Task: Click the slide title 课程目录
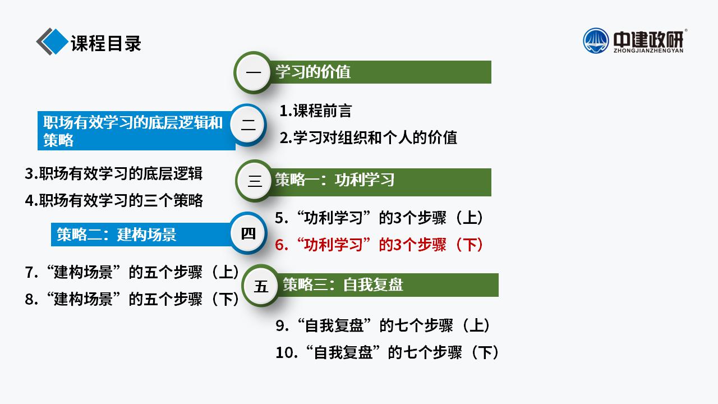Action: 106,43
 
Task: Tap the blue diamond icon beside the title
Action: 55,42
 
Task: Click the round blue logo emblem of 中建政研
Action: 596,41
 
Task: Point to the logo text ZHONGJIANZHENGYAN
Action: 648,50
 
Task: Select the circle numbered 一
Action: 254,72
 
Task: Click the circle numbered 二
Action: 248,125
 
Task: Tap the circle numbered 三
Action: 255,181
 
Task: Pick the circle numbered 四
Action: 248,233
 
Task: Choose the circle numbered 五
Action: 261,286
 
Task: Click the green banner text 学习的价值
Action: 313,71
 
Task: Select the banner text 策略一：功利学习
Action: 335,180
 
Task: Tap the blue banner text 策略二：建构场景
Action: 116,235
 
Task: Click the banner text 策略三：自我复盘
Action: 343,284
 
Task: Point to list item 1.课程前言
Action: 316,111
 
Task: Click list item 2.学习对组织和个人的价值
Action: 369,137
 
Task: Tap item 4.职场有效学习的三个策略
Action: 114,200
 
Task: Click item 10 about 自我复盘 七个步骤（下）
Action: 387,352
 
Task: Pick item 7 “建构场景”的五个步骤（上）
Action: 132,272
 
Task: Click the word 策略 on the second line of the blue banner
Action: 58,140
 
